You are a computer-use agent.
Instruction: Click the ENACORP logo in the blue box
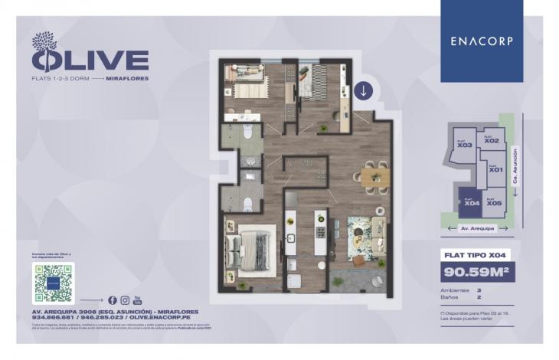click(482, 41)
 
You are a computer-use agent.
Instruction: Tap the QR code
click(54, 282)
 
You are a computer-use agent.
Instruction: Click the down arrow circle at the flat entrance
click(362, 90)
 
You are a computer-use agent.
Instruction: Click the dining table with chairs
click(375, 177)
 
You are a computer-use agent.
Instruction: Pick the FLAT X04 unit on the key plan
click(471, 202)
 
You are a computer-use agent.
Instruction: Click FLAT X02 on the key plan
click(492, 141)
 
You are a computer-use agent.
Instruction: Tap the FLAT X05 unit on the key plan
click(494, 202)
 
